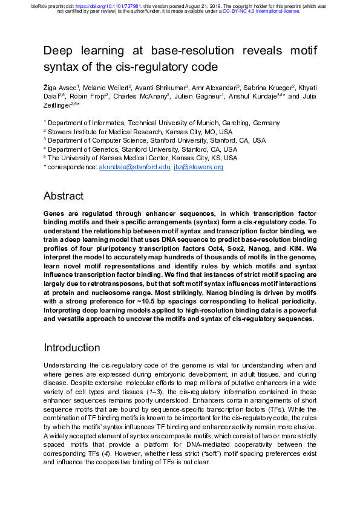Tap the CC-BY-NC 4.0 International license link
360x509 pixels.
(261, 11)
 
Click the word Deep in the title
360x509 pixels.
(59, 51)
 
